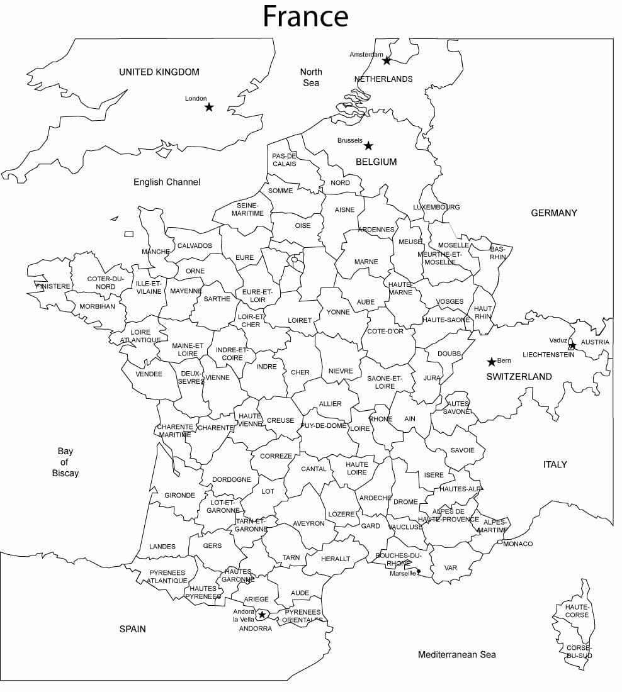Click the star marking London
[x=209, y=108]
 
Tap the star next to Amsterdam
[x=387, y=60]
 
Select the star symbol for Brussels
[x=368, y=146]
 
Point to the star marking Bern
[x=491, y=362]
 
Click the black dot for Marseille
[x=419, y=572]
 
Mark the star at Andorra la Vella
[x=262, y=614]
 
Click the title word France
[x=305, y=16]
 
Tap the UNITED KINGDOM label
[x=159, y=72]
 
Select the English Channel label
[x=167, y=182]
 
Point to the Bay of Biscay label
[x=65, y=462]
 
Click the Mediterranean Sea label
[x=456, y=654]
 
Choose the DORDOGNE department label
[x=231, y=479]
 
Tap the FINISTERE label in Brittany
[x=54, y=286]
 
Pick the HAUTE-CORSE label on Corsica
[x=577, y=611]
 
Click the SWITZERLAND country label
[x=519, y=377]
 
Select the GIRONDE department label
[x=179, y=495]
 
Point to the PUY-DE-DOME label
[x=324, y=426]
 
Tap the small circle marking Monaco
[x=500, y=542]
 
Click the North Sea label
[x=310, y=77]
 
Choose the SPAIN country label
[x=132, y=628]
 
